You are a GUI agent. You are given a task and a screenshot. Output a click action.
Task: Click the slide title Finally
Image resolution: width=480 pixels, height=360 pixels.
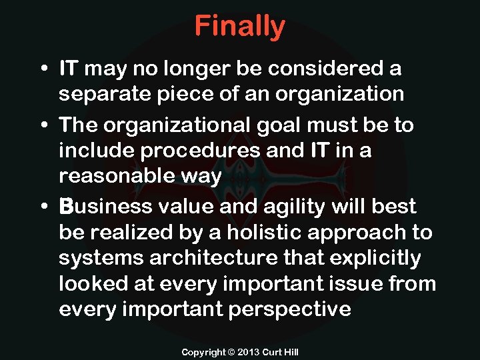(x=240, y=27)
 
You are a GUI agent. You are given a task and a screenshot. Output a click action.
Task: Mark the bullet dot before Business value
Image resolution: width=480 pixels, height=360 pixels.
(x=43, y=207)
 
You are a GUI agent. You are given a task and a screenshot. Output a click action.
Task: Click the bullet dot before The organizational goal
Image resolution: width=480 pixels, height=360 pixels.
(x=43, y=125)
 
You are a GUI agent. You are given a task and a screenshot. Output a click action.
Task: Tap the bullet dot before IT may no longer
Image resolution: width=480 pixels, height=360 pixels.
(x=43, y=69)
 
